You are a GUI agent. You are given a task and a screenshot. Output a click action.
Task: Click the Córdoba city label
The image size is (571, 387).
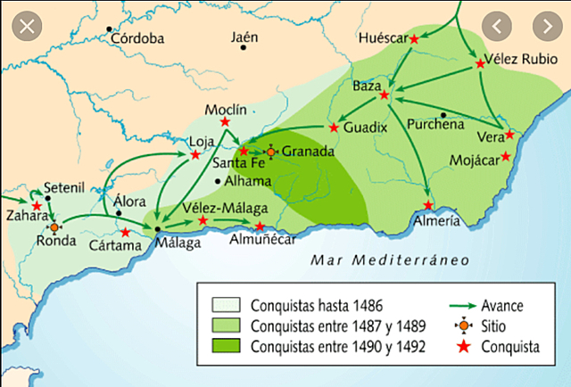coord(137,38)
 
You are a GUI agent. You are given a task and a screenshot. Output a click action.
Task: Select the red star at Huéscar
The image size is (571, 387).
coord(414,38)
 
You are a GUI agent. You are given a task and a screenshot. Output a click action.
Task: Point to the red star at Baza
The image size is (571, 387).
coord(384,95)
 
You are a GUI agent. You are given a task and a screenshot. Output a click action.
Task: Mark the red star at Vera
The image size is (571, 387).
coord(509,135)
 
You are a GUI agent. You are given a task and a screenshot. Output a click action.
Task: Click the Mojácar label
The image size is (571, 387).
coord(472,161)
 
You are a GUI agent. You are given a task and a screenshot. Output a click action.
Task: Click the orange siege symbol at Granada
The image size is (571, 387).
coord(272,152)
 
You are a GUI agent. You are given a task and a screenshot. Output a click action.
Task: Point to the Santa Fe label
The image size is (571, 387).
coord(237,163)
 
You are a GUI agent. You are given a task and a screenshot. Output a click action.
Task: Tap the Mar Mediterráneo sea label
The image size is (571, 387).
coord(377,259)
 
